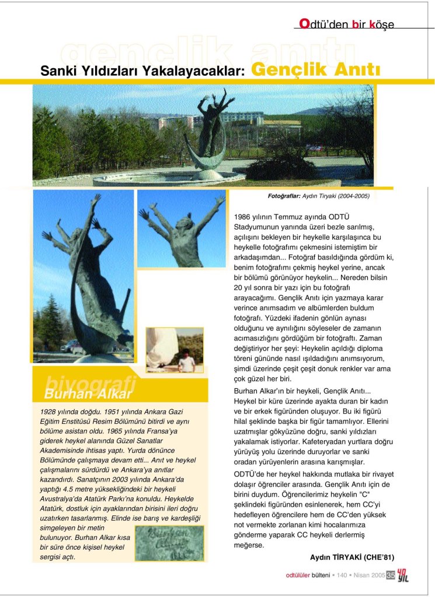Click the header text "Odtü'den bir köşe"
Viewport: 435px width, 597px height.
pyautogui.click(x=346, y=24)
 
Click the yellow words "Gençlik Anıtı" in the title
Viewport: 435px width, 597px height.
pyautogui.click(x=315, y=70)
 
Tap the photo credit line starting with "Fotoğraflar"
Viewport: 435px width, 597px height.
pyautogui.click(x=318, y=196)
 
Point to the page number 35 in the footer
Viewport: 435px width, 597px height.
pyautogui.click(x=391, y=575)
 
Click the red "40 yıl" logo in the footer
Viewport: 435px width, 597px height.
pyautogui.click(x=403, y=575)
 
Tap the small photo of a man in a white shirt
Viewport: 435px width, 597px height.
pyautogui.click(x=186, y=361)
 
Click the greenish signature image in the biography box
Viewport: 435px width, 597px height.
pyautogui.click(x=169, y=543)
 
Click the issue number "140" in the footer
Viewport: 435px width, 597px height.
pyautogui.click(x=342, y=575)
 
